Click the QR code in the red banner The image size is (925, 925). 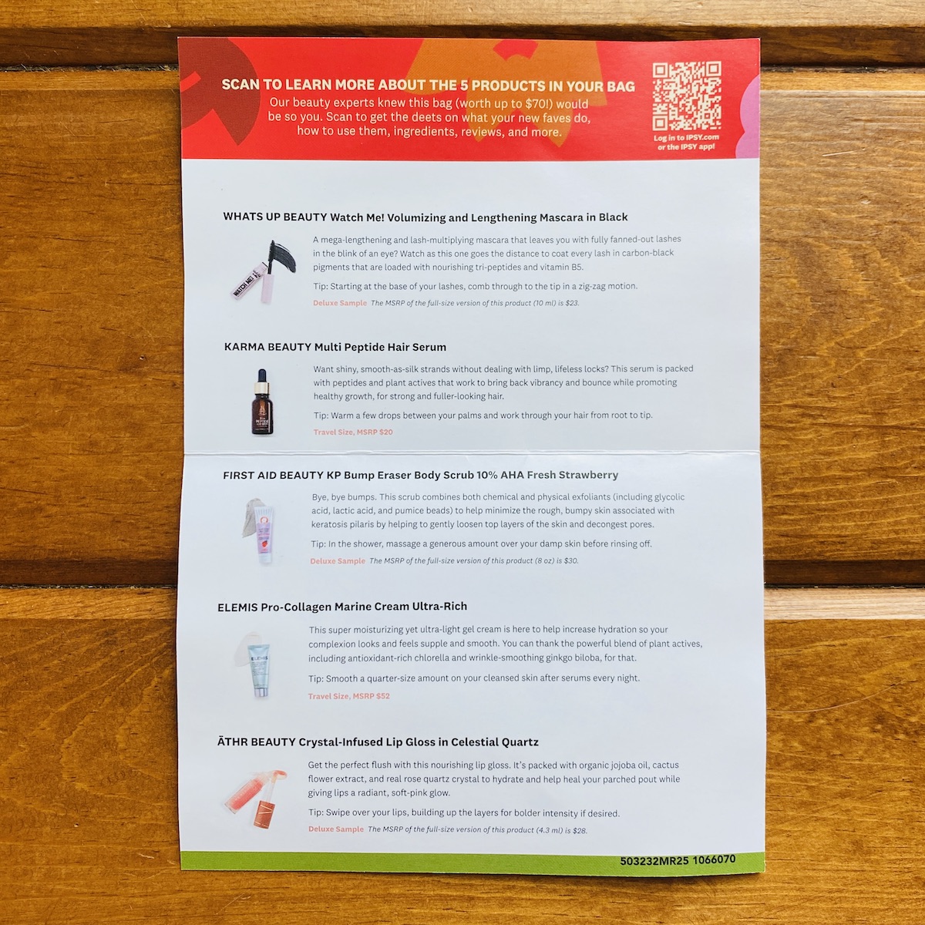click(x=687, y=96)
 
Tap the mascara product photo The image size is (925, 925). click(x=264, y=271)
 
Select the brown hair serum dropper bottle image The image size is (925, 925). click(x=262, y=402)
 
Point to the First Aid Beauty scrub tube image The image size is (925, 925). click(x=260, y=531)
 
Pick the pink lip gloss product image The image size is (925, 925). click(x=257, y=799)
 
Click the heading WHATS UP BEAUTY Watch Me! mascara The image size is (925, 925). click(x=425, y=217)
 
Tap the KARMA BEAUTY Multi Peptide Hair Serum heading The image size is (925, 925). click(x=335, y=347)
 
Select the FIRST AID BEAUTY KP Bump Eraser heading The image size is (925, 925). click(x=421, y=476)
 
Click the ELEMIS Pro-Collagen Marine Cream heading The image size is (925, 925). click(x=342, y=607)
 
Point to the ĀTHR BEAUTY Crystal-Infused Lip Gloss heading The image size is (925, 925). click(x=378, y=742)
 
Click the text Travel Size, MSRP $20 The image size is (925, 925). click(x=353, y=432)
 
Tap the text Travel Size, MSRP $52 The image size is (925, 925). click(x=349, y=696)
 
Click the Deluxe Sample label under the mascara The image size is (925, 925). click(x=340, y=303)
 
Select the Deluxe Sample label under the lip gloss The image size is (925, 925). click(x=336, y=829)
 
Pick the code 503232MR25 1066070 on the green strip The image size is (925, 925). click(x=678, y=860)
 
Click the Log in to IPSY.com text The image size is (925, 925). click(x=687, y=138)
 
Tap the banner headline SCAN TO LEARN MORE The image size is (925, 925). click(x=428, y=86)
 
